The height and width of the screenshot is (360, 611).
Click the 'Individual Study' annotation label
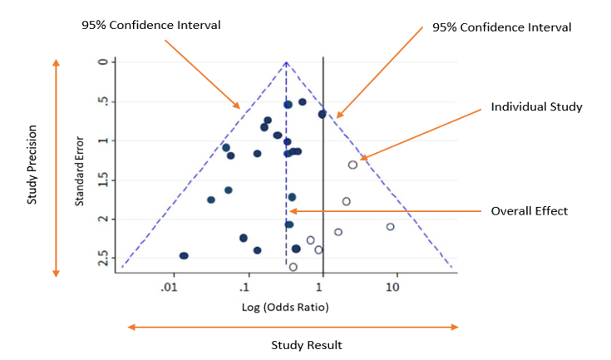click(x=536, y=107)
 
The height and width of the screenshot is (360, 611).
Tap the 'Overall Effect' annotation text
click(x=529, y=211)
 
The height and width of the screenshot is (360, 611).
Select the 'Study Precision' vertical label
click(x=32, y=165)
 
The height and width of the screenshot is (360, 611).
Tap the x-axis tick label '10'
click(x=392, y=288)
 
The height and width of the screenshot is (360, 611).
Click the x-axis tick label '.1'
click(x=244, y=288)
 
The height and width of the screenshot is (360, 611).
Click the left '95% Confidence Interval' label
click(x=150, y=25)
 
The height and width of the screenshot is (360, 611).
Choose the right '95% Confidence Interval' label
click(x=502, y=27)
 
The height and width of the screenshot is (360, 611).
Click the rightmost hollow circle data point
click(x=390, y=226)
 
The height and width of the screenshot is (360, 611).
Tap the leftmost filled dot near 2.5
click(x=184, y=256)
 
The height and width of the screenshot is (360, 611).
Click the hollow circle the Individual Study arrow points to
click(x=352, y=165)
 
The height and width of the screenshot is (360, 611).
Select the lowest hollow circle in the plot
click(x=293, y=267)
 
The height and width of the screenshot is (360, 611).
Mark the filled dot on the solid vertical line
click(x=322, y=114)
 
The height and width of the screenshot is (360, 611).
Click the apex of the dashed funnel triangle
click(x=286, y=62)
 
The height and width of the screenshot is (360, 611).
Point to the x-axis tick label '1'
click(x=319, y=288)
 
